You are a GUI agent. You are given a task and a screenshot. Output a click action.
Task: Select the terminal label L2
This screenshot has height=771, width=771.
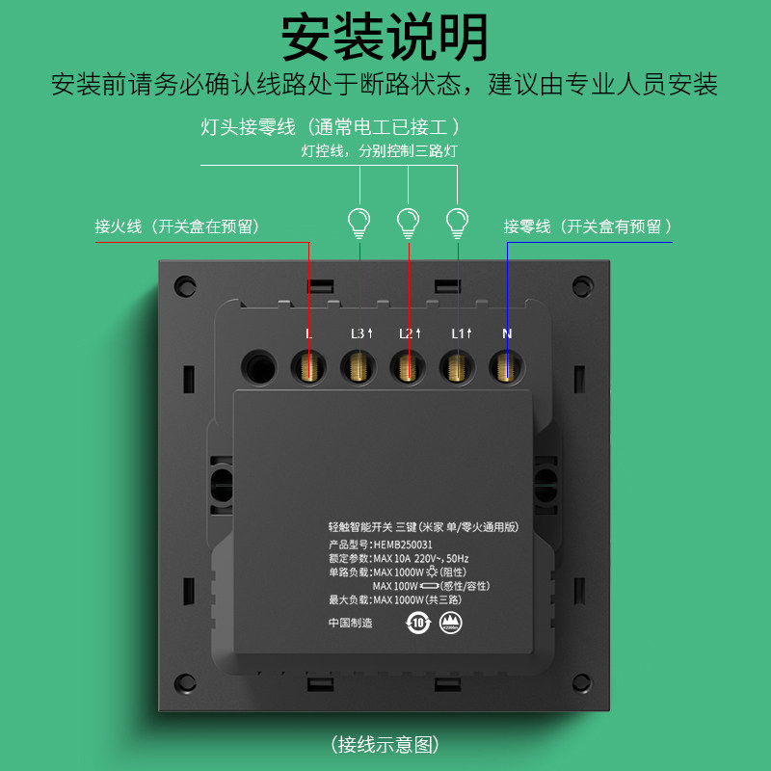410,333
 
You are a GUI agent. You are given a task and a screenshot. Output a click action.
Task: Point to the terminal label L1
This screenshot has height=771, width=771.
461,333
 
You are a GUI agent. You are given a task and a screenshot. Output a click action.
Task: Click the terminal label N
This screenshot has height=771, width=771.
507,333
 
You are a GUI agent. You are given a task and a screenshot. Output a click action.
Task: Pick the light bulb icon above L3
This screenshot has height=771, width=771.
359,223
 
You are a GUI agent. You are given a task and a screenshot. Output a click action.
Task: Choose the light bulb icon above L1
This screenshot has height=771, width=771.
457,223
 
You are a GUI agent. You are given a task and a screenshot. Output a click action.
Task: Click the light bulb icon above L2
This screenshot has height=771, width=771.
408,223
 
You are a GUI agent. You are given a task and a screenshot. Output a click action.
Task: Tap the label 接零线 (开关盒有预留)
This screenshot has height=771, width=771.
587,226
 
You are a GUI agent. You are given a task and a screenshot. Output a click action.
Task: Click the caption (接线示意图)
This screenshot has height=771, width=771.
385,744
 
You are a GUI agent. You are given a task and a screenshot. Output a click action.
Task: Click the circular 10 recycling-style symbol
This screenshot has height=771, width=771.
418,623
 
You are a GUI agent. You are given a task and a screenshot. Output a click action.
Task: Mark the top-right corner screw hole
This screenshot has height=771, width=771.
581,285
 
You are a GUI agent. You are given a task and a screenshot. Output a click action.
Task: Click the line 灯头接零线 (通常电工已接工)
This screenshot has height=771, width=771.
329,126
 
